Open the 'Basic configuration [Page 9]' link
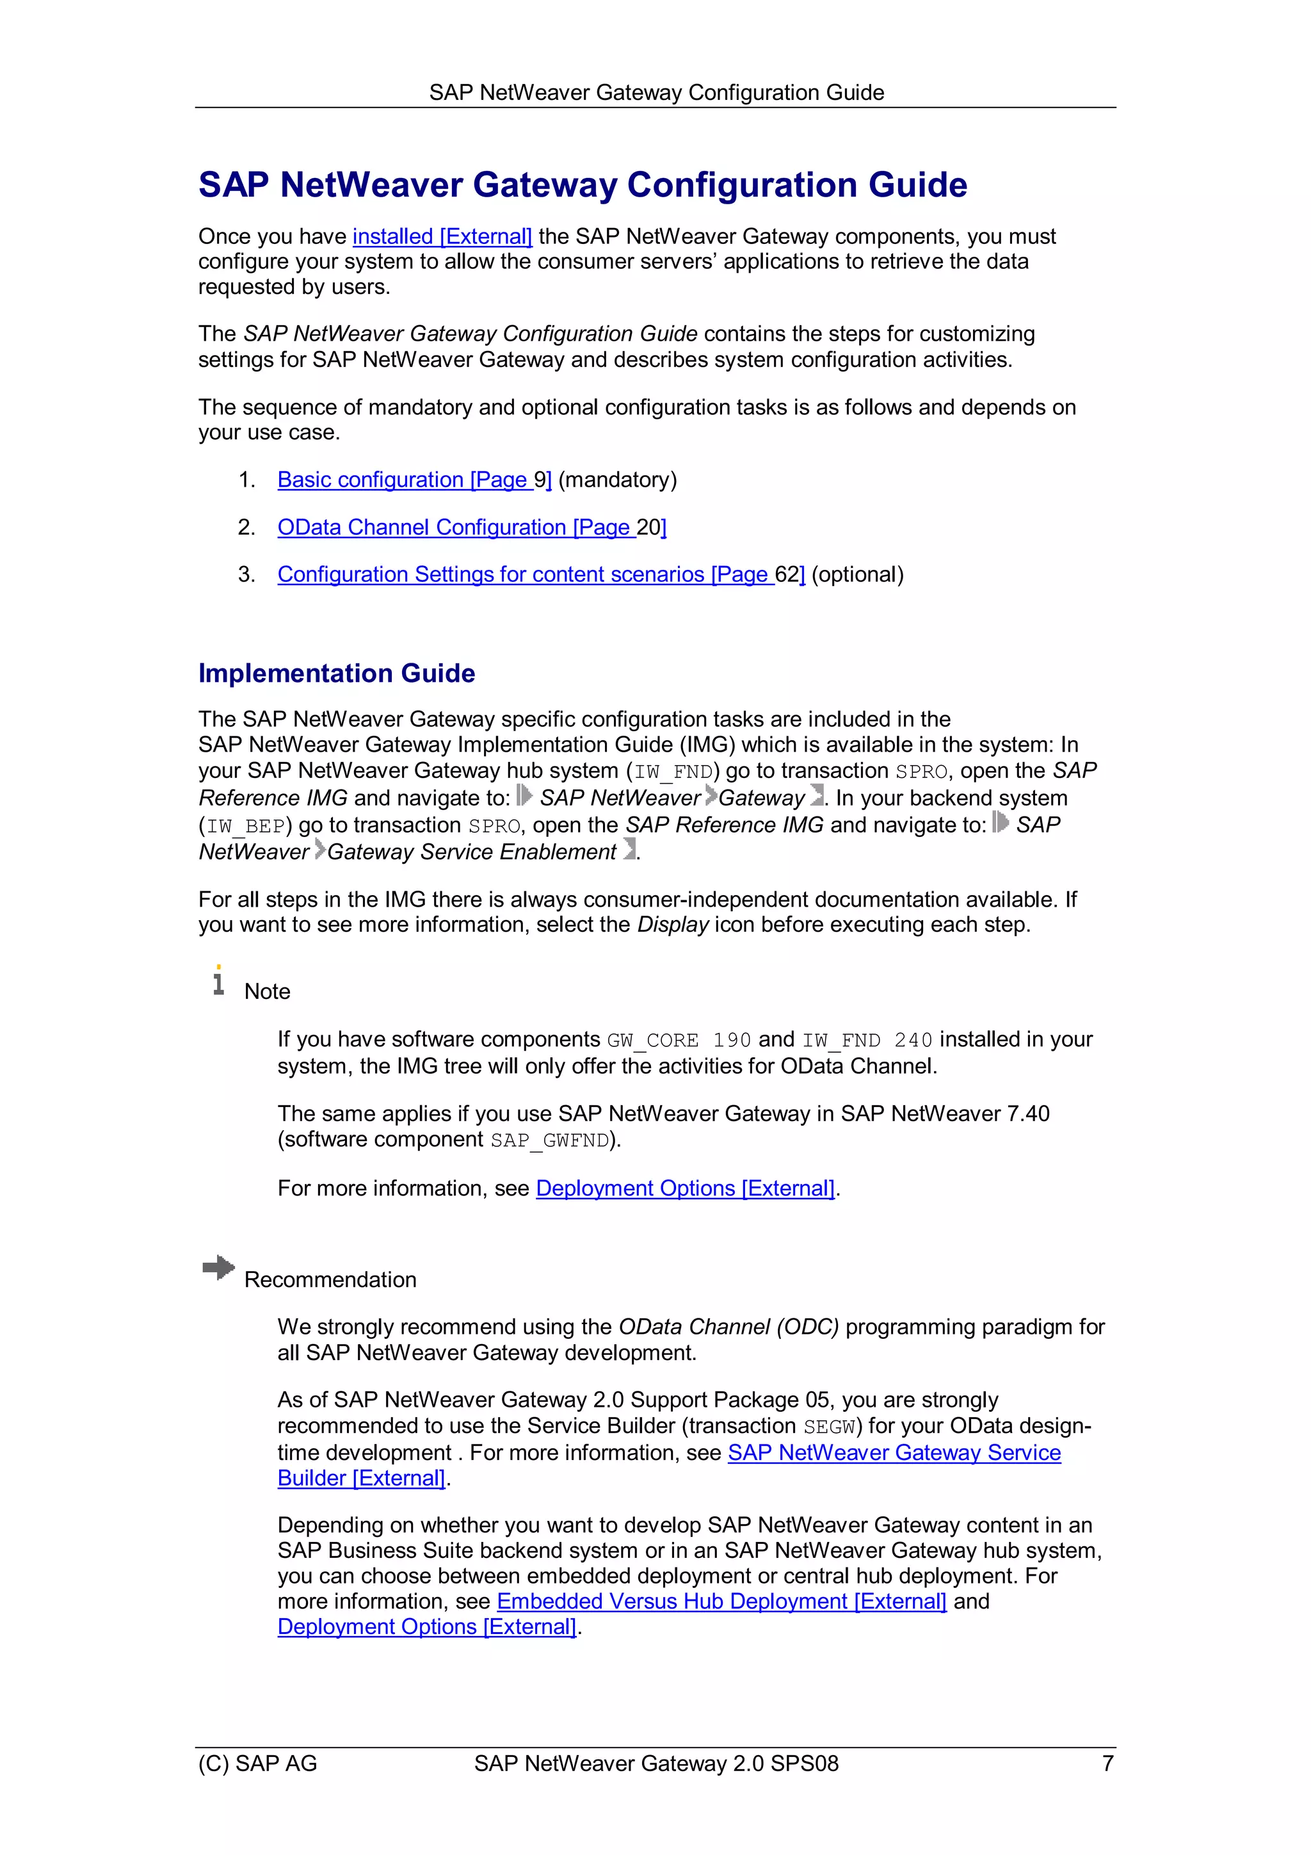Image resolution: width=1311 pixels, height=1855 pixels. [x=414, y=479]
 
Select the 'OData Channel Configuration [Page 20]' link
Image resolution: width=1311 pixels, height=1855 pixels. [x=471, y=527]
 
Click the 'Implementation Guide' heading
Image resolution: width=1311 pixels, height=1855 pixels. [x=336, y=672]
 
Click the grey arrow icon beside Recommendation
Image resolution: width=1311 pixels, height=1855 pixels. [x=218, y=1267]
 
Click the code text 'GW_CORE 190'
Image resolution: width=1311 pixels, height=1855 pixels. [x=679, y=1040]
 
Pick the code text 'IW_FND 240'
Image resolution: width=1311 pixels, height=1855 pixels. [x=867, y=1040]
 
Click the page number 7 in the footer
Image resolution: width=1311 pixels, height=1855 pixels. [x=1107, y=1763]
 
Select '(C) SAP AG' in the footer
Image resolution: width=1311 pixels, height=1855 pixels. [x=258, y=1763]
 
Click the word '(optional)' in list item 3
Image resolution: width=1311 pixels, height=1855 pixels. [x=857, y=574]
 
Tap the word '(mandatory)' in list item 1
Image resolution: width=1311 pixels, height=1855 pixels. [x=617, y=479]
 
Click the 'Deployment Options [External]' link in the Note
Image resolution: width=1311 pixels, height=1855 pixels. [x=684, y=1188]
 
